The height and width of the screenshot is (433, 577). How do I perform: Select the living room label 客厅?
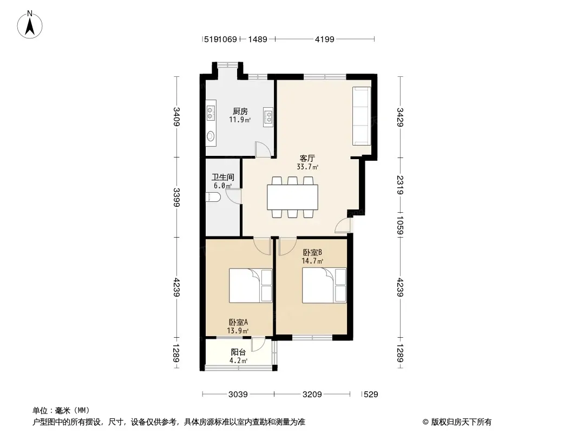coord(308,159)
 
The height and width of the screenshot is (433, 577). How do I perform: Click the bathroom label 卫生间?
coord(222,177)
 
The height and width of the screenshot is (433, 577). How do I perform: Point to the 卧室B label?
coord(312,252)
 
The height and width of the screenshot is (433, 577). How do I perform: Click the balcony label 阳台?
coord(238,352)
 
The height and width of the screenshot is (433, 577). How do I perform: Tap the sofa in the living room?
coord(362,115)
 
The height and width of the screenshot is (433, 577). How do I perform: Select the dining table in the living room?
coord(292,198)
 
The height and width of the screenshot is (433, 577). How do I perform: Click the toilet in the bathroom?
coord(213,198)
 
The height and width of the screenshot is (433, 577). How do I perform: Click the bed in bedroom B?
coord(324,285)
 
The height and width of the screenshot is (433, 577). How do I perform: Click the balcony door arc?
coord(258,345)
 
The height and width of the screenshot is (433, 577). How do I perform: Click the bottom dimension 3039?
coord(238,395)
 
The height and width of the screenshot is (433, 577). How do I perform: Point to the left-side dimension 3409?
coord(176,117)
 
